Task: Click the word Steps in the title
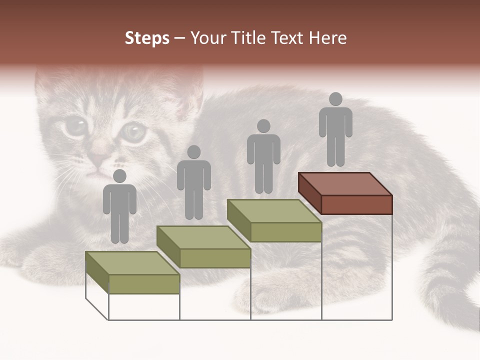147,38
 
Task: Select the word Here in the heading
327,38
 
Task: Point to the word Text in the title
286,38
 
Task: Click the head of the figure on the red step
335,99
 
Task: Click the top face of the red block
345,184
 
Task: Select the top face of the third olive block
274,211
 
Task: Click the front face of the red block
356,204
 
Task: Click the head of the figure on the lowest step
119,176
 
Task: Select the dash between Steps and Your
180,38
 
